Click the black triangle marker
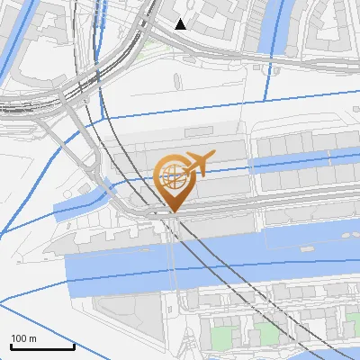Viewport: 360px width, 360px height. point(181,24)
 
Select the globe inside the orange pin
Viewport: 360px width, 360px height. point(173,178)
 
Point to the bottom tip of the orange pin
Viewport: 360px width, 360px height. point(173,212)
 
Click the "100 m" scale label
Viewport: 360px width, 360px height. point(24,338)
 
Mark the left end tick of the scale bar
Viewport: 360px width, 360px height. point(11,345)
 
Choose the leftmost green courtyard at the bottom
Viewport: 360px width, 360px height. point(217,337)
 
